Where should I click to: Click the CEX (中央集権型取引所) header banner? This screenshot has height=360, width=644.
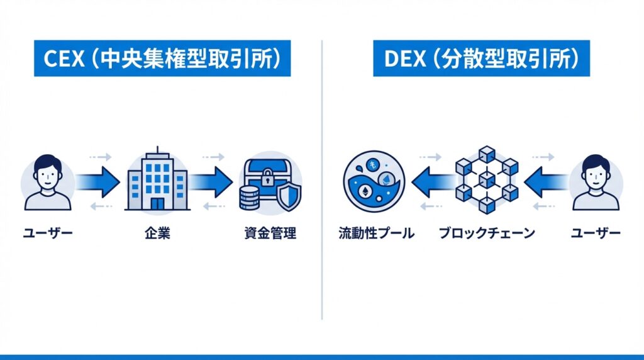(163, 60)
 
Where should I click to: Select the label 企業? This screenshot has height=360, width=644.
(157, 234)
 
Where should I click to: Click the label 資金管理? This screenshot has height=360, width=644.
(270, 234)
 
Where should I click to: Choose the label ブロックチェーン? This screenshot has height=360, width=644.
(486, 234)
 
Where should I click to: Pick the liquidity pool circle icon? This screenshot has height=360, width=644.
(374, 181)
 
